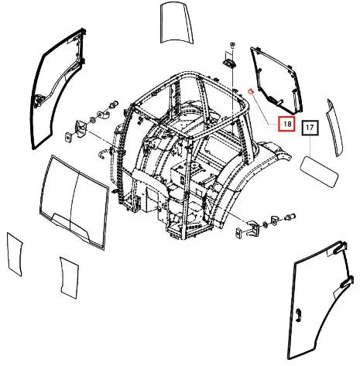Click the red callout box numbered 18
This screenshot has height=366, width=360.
click(286, 124)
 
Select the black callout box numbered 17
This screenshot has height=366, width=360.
click(310, 128)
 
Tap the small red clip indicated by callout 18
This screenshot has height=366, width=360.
click(251, 91)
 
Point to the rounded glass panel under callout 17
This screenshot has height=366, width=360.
click(319, 172)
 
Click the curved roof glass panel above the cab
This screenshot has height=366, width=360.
click(177, 22)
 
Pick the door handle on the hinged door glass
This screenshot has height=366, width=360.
click(299, 315)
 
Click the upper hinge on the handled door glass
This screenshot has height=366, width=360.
click(339, 247)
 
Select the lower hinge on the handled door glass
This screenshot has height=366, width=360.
click(347, 282)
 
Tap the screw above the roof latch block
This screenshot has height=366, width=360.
click(232, 45)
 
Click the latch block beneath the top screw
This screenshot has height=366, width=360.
click(229, 63)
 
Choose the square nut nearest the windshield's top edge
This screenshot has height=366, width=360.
click(68, 137)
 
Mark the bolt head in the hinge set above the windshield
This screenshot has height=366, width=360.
click(113, 104)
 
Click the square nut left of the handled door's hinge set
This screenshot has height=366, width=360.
click(239, 231)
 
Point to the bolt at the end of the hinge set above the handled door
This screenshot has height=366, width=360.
click(290, 217)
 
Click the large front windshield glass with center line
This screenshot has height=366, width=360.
click(74, 202)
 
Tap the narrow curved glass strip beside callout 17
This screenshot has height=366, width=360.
click(335, 128)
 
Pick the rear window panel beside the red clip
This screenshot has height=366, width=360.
click(276, 80)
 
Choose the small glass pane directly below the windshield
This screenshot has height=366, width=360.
click(69, 277)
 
